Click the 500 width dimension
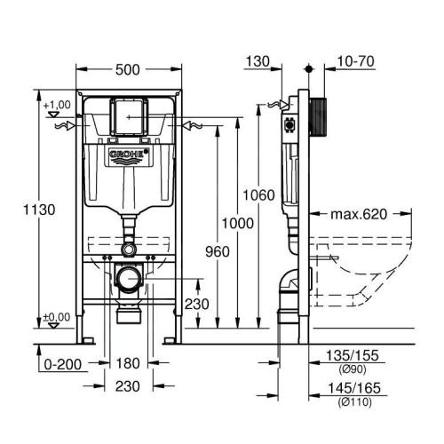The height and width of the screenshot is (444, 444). click(x=127, y=70)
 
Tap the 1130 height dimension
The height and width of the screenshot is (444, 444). click(x=39, y=210)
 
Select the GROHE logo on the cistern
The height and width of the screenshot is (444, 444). click(x=129, y=154)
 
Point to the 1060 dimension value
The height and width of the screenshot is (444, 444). click(x=258, y=195)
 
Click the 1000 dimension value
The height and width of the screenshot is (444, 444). click(x=238, y=223)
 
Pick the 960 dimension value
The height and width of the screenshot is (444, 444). click(x=218, y=252)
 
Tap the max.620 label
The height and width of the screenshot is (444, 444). click(x=359, y=214)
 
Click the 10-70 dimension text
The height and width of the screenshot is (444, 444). click(x=355, y=61)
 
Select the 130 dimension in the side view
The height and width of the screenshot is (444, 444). click(x=258, y=61)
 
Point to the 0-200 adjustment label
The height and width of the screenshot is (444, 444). click(x=63, y=364)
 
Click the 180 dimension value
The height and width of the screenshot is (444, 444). click(x=128, y=363)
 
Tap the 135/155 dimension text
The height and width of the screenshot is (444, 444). click(x=353, y=355)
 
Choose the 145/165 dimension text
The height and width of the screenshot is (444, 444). click(x=354, y=388)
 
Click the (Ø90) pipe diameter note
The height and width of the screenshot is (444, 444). click(x=353, y=369)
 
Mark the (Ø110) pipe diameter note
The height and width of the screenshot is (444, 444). click(x=354, y=402)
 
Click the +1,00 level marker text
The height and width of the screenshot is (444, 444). click(x=57, y=105)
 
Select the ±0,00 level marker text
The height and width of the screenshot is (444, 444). click(x=57, y=317)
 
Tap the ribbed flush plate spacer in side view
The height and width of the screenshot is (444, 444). click(x=318, y=117)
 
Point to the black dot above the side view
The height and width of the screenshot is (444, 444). click(x=309, y=69)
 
